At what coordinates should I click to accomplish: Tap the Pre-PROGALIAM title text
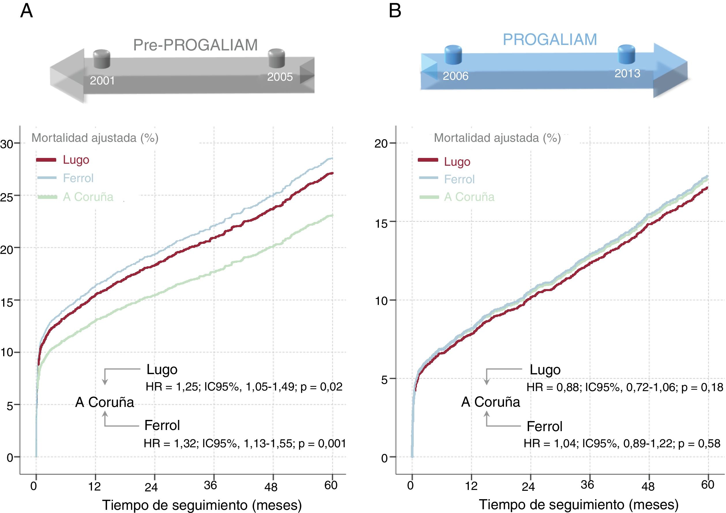(195, 45)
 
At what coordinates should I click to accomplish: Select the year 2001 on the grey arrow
(102, 81)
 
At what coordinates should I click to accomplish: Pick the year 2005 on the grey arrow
(280, 77)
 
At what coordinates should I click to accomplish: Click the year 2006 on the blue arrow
(455, 76)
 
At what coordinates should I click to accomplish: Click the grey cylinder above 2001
(102, 59)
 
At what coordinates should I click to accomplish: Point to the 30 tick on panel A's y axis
(7, 144)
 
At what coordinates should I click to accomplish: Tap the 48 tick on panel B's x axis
(648, 486)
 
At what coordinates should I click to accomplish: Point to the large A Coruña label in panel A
(105, 402)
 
